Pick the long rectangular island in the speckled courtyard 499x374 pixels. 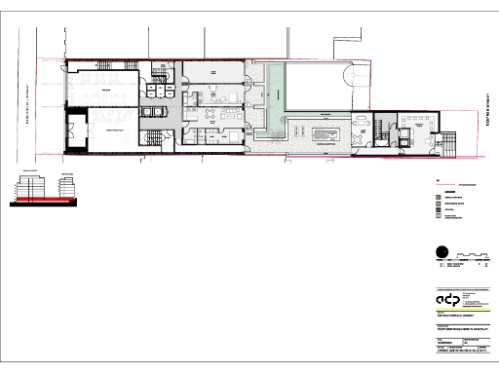(x=323, y=131)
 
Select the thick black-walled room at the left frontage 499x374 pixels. (x=93, y=131)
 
